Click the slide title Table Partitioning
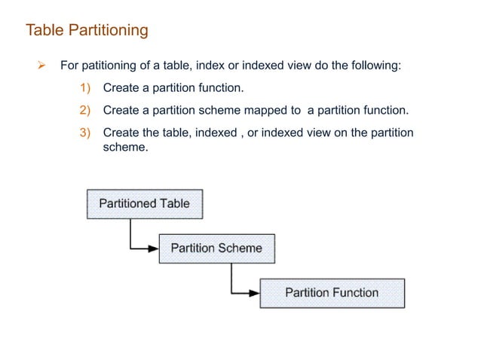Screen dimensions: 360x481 (87, 31)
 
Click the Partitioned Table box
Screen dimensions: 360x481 (145, 203)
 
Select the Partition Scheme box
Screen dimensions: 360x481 (216, 248)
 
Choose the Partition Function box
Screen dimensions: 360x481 (332, 292)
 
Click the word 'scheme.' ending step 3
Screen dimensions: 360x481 (124, 147)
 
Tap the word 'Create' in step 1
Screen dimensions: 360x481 (121, 88)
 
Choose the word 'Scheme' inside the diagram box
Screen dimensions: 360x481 (239, 248)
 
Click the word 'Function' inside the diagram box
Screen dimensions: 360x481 (354, 292)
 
